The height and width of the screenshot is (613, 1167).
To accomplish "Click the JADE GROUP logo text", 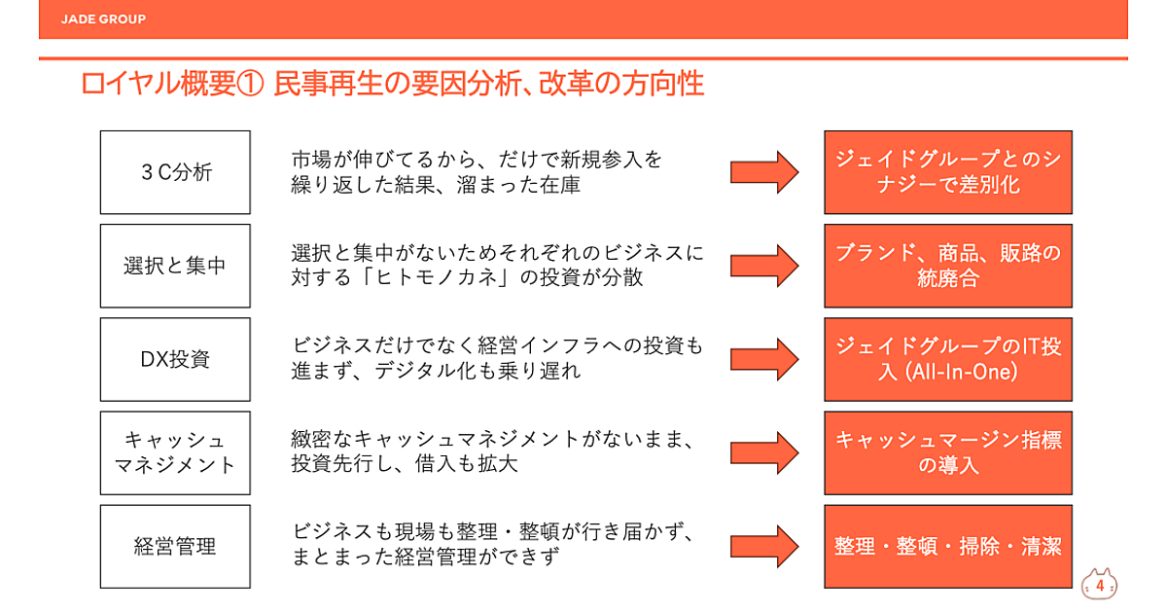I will coord(102,18).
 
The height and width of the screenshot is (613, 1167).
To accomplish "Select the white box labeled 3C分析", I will coord(175,172).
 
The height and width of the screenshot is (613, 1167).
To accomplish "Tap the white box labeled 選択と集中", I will coord(175,266).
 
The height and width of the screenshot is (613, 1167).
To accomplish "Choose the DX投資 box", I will coord(175,359).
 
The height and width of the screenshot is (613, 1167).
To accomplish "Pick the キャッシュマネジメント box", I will coord(175,452).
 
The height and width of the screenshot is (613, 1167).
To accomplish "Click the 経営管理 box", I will coord(175,546).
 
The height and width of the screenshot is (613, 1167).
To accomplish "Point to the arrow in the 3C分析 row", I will coord(764,172).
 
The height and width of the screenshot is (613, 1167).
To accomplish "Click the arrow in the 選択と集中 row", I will coord(764,266).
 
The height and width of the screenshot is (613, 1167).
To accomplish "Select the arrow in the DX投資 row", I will coord(764,359).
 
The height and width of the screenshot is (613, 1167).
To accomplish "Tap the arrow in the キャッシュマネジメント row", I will coord(764,452).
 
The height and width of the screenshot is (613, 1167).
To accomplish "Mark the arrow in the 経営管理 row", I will coord(764,546).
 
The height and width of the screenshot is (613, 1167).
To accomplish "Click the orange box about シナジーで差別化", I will coord(948,172).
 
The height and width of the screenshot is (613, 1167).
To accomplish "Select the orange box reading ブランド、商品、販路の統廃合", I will coord(948,266).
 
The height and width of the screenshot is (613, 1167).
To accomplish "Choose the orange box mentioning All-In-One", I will coord(948,359).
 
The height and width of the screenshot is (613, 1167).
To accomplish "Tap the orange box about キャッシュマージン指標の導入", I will coord(948,452).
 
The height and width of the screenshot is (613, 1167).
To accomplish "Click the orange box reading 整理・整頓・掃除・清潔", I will coord(948,546).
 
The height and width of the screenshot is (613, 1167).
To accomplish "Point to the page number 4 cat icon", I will coord(1099,585).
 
